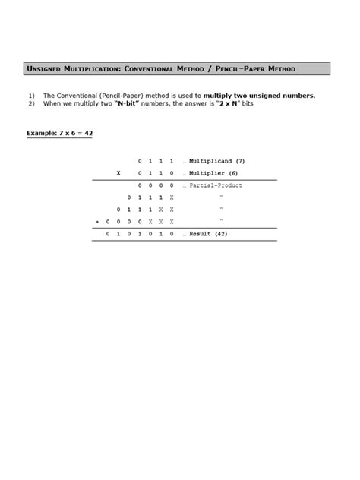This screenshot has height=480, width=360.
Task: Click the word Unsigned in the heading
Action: pyautogui.click(x=45, y=69)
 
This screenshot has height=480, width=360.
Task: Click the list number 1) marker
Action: pyautogui.click(x=31, y=96)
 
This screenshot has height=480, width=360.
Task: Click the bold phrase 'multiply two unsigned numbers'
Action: pyautogui.click(x=259, y=96)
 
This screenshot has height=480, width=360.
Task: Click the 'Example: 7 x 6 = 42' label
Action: pyautogui.click(x=59, y=133)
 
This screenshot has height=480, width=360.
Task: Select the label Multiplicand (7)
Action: pyautogui.click(x=217, y=161)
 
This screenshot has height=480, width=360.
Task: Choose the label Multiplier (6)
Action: pyautogui.click(x=213, y=173)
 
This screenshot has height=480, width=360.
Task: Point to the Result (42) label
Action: pyautogui.click(x=209, y=234)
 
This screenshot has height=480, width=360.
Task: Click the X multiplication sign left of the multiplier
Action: pyautogui.click(x=118, y=173)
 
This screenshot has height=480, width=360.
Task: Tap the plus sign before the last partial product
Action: pyautogui.click(x=96, y=222)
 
